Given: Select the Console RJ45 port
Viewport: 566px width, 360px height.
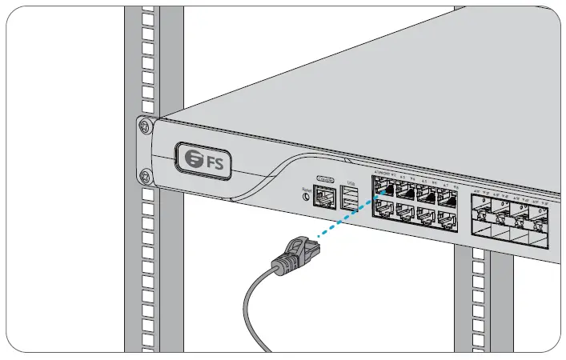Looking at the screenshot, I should pos(324,194).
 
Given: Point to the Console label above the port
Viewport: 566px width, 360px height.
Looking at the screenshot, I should pos(325,178).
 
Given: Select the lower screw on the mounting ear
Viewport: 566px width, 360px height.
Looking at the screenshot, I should pos(144,175).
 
